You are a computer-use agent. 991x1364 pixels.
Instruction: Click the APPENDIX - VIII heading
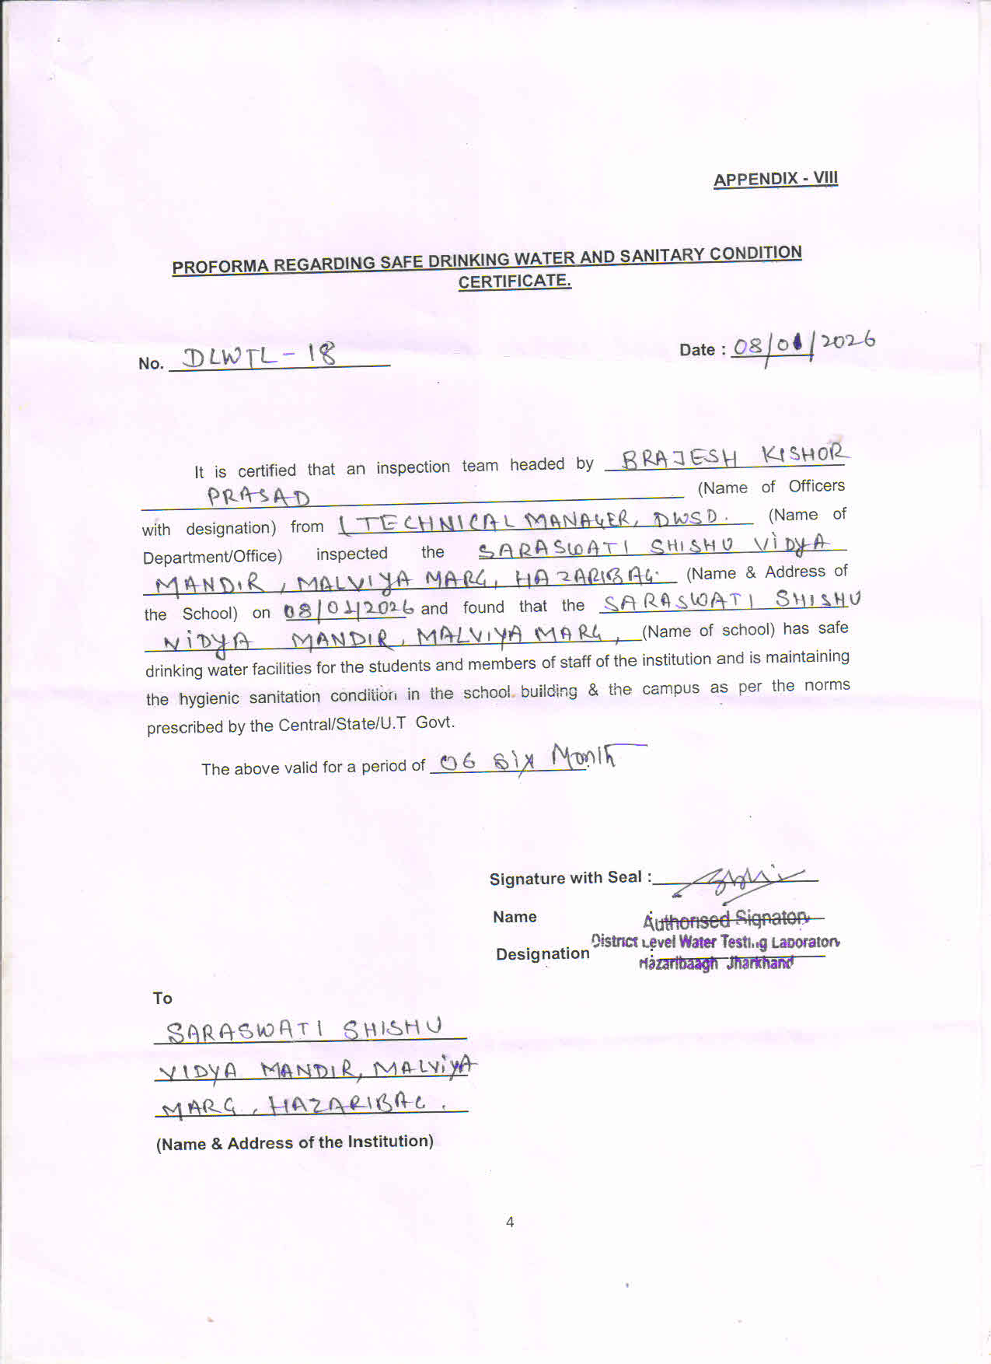(775, 179)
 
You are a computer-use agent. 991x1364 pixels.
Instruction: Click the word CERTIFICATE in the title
(514, 282)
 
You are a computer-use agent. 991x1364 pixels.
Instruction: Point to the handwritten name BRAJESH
(679, 457)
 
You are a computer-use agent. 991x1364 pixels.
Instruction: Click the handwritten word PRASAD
(258, 497)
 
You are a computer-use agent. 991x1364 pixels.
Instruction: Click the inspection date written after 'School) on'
(348, 608)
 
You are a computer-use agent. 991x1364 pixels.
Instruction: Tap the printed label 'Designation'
(543, 953)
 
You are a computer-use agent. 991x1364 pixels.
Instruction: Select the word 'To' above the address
(162, 999)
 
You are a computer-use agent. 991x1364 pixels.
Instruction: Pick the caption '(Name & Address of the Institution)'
(295, 1142)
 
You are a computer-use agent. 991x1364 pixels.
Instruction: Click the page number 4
(510, 1222)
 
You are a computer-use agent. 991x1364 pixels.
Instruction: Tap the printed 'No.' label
(151, 363)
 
